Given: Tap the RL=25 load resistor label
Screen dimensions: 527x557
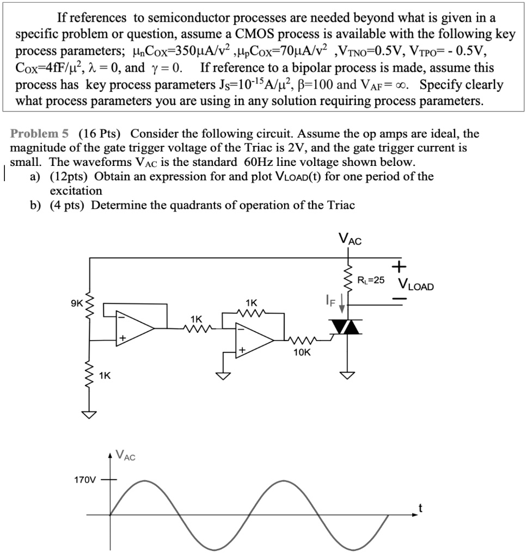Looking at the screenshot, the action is click(x=371, y=281).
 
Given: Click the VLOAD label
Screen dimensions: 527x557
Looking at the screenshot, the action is click(x=416, y=285).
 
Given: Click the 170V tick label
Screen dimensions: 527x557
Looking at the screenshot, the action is click(x=84, y=480).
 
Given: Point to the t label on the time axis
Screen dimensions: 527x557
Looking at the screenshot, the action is click(x=420, y=509).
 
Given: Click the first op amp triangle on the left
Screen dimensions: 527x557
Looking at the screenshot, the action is click(x=133, y=327).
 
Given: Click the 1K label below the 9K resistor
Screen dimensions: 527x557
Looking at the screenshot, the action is click(x=105, y=376).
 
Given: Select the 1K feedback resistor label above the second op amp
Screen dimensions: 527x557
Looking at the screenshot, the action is click(x=252, y=302).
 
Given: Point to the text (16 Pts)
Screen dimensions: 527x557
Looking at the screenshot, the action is click(x=100, y=133).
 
